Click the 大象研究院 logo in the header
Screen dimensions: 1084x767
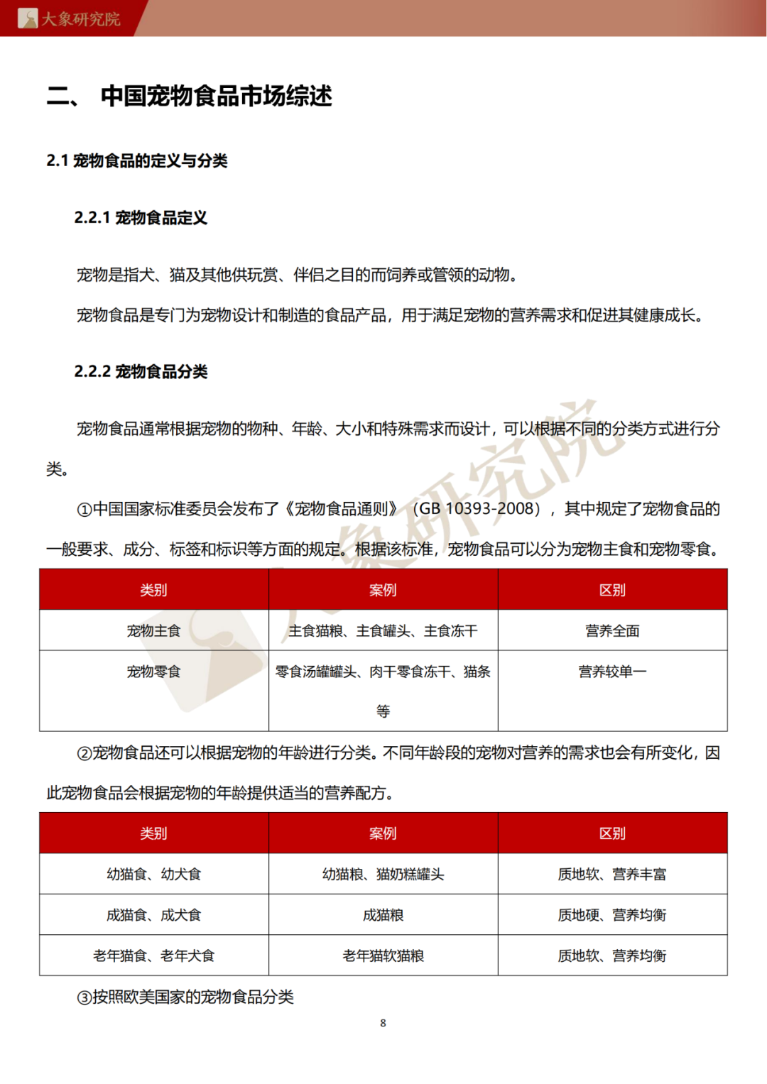(x=69, y=18)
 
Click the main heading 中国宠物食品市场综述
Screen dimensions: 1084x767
(x=216, y=96)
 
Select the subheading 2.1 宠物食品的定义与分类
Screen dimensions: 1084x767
(x=136, y=161)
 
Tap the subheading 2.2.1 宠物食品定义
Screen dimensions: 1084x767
(x=141, y=218)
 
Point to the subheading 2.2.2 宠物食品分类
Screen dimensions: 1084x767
(x=141, y=372)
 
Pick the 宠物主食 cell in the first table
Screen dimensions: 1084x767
(x=153, y=631)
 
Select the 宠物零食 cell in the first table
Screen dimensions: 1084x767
(x=153, y=672)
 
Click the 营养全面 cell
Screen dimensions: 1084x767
(x=612, y=631)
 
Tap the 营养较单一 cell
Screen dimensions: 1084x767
(x=612, y=672)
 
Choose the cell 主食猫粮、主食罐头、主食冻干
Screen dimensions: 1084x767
(x=383, y=631)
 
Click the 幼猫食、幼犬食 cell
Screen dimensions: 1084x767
(x=153, y=875)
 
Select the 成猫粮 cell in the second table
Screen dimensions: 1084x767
(x=383, y=915)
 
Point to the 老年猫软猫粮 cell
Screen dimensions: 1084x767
(x=383, y=956)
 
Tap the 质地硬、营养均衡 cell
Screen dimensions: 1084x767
(x=612, y=915)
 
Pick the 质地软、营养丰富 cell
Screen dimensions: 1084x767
(x=612, y=875)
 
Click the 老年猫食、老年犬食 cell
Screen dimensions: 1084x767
(x=153, y=956)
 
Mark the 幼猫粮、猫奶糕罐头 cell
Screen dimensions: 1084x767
(x=383, y=875)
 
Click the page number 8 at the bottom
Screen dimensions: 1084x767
(x=383, y=1023)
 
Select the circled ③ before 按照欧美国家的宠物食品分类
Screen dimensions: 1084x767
(x=85, y=997)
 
